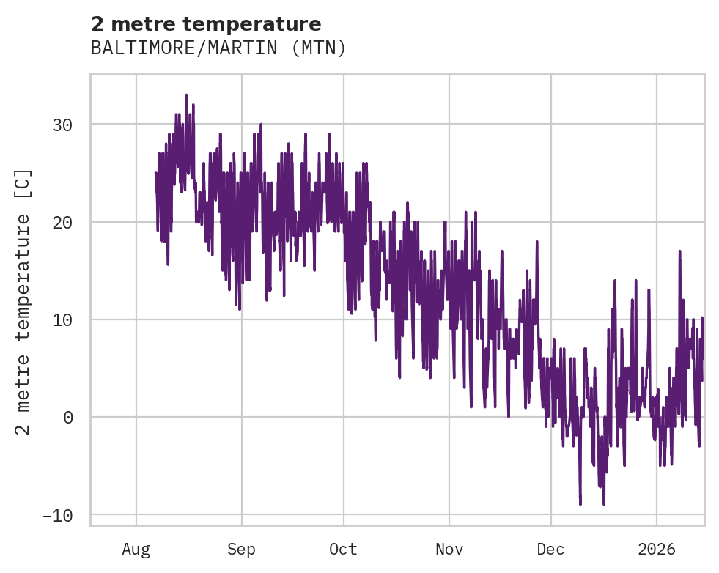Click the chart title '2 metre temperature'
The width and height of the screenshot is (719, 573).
(x=206, y=24)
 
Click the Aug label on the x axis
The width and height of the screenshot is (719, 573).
(x=136, y=549)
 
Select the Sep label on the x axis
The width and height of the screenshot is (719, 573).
(x=241, y=549)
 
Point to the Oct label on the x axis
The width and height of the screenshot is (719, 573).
(x=343, y=549)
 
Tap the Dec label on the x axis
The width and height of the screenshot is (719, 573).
(x=550, y=549)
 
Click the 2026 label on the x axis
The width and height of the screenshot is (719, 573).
(x=657, y=549)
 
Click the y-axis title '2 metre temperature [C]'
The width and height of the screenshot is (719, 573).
(x=23, y=301)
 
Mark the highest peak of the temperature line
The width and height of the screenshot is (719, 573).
(x=186, y=95)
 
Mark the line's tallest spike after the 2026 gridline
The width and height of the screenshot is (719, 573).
(x=679, y=251)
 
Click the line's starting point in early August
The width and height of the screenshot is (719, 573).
(x=155, y=173)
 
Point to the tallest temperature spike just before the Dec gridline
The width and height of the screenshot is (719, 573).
(x=537, y=241)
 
